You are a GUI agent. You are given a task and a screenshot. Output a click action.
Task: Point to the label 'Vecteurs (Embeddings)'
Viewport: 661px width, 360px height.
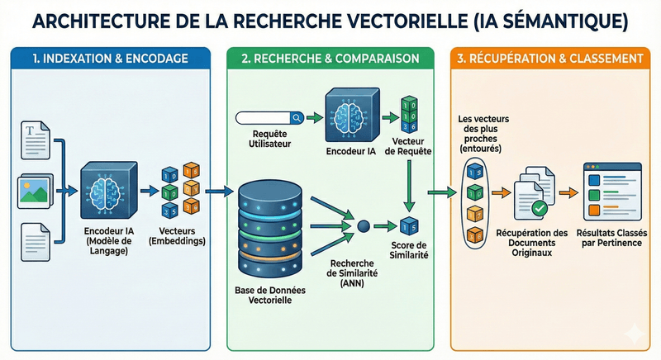pyautogui.click(x=179, y=235)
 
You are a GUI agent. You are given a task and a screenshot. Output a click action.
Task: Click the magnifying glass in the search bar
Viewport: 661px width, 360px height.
pyautogui.click(x=296, y=117)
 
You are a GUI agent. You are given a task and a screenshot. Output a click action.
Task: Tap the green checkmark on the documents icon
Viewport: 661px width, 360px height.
pyautogui.click(x=538, y=207)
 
